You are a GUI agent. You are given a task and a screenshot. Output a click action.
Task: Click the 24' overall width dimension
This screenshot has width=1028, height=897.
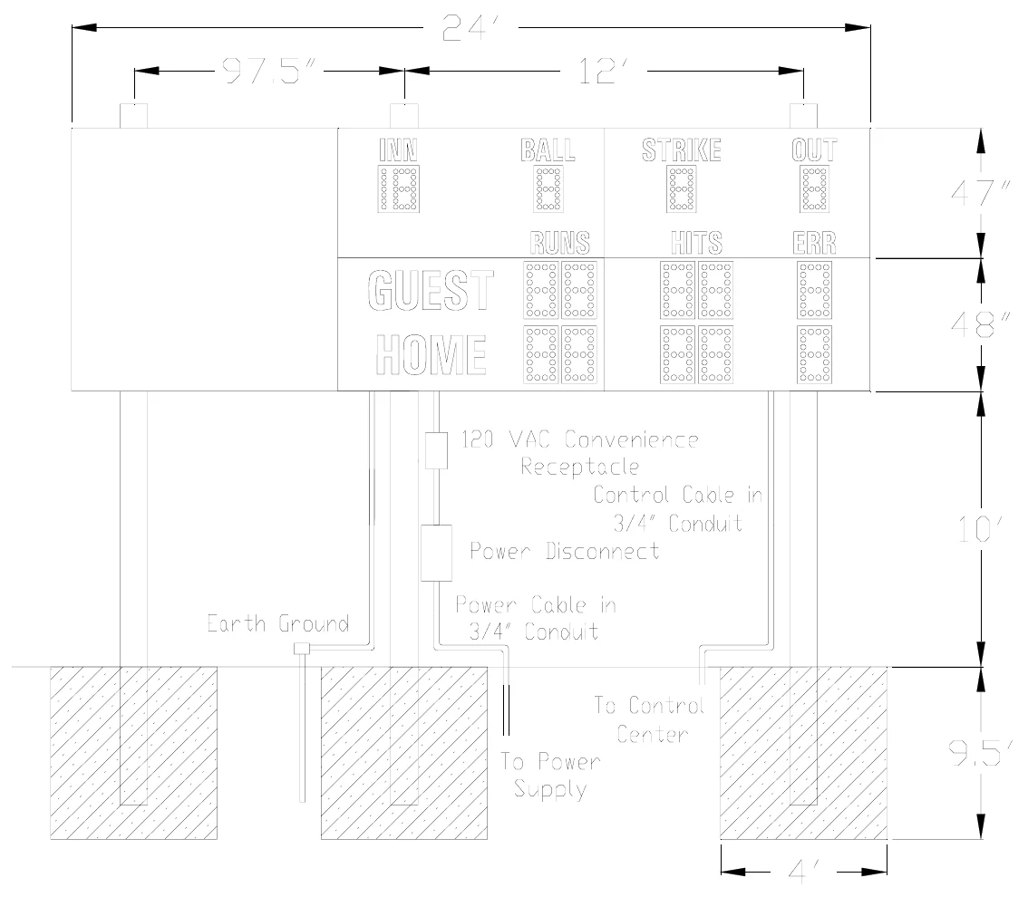click(x=470, y=28)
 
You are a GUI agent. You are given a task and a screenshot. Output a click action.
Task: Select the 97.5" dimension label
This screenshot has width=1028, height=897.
click(x=269, y=71)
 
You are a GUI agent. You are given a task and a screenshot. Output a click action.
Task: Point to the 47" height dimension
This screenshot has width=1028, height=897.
click(x=980, y=193)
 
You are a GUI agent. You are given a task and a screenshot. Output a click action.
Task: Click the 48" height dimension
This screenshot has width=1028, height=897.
click(x=980, y=324)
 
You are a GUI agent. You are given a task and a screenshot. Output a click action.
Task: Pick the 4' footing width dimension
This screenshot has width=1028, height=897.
click(x=804, y=872)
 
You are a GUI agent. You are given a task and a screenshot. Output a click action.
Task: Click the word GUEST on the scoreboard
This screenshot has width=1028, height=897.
click(x=430, y=290)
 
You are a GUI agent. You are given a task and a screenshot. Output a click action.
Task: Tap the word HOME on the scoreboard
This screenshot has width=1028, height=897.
click(x=431, y=354)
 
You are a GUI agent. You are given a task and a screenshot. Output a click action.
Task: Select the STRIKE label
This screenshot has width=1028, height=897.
click(x=681, y=150)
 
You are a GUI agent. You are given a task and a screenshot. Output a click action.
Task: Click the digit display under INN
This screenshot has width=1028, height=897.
click(x=399, y=188)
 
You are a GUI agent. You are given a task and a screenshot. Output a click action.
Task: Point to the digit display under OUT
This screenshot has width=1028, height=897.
click(x=814, y=188)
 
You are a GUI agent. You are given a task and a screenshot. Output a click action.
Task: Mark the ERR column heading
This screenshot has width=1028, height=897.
click(x=814, y=243)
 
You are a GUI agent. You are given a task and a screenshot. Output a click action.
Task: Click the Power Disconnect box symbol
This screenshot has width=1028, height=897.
click(x=436, y=553)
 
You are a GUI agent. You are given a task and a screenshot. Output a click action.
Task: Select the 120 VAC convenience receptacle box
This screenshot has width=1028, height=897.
click(x=436, y=450)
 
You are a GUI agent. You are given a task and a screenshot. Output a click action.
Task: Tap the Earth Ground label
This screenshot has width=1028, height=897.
click(x=278, y=623)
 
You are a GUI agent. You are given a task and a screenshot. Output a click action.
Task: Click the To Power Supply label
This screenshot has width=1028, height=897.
click(x=550, y=775)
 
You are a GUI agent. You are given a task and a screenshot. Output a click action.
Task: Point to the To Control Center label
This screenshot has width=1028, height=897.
click(x=650, y=719)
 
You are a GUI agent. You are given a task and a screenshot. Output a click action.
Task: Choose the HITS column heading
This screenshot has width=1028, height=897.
click(x=696, y=243)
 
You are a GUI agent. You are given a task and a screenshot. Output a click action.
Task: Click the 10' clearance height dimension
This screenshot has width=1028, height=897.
click(x=980, y=529)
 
